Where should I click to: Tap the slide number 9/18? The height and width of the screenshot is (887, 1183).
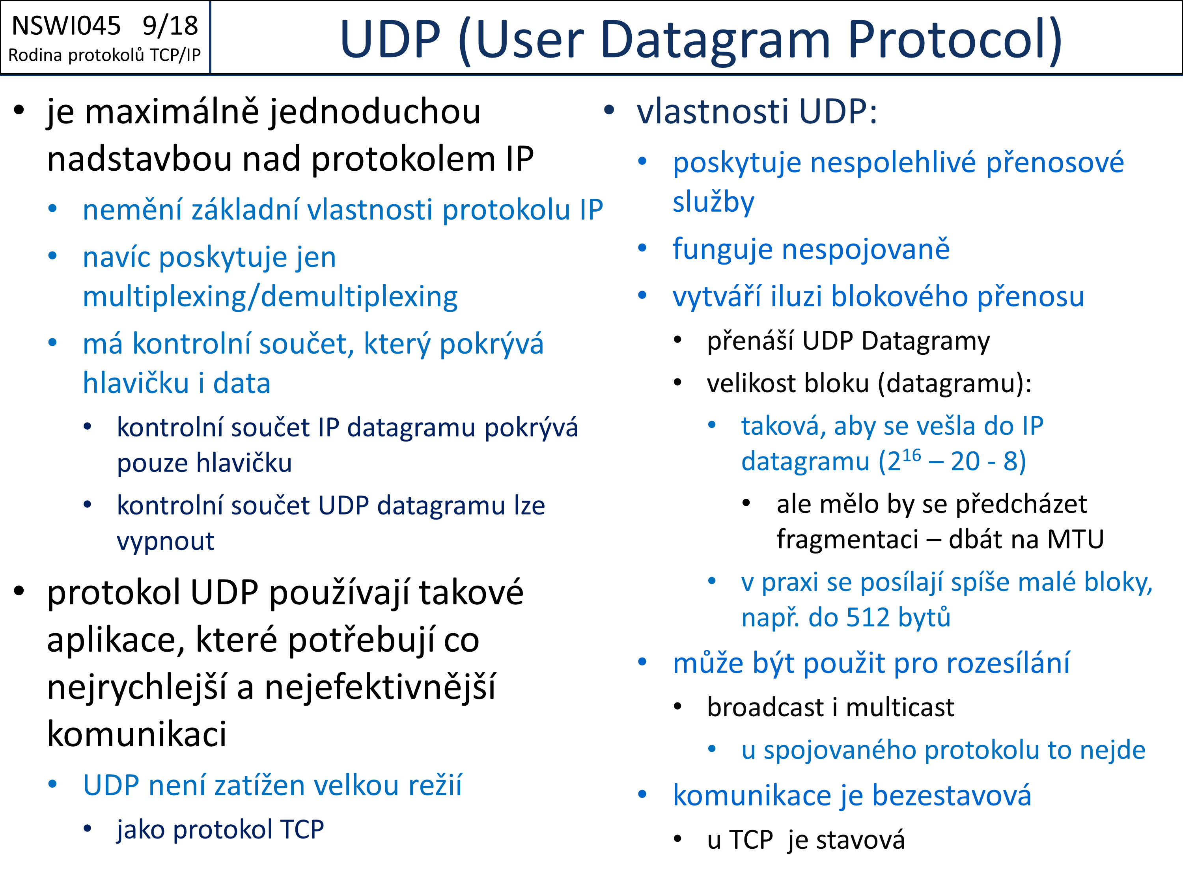coord(170,26)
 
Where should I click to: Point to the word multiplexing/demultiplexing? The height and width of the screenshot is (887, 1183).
coord(270,297)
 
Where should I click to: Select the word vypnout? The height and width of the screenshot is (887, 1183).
coord(165,542)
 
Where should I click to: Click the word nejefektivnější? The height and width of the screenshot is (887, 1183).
coord(380,688)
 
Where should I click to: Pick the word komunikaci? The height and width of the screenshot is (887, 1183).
coord(137,734)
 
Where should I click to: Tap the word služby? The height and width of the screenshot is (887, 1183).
coord(713,203)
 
